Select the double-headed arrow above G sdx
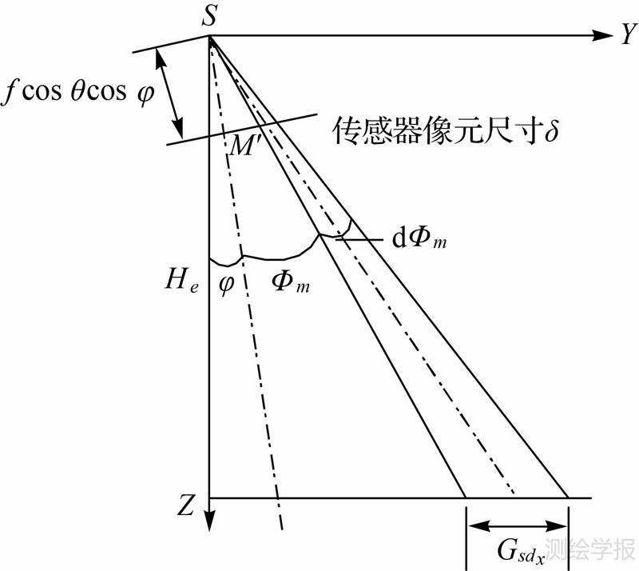518,525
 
